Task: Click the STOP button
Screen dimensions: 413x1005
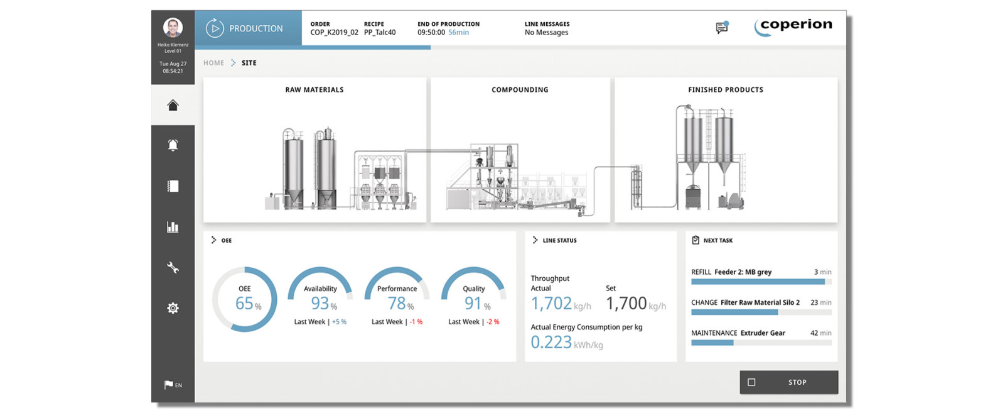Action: click(x=788, y=382)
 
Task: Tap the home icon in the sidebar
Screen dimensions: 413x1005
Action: click(x=173, y=105)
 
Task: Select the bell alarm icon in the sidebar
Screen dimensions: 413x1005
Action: click(x=173, y=145)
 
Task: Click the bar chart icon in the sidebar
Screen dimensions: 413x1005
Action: click(x=173, y=227)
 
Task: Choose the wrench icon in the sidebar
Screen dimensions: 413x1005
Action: click(x=173, y=268)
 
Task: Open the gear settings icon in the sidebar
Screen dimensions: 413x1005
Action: click(x=173, y=308)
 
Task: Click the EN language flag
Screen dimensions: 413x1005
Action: click(x=173, y=385)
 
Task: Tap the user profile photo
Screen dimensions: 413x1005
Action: click(x=173, y=28)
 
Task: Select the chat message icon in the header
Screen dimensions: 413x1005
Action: click(x=722, y=28)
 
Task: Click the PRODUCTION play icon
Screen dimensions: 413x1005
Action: click(x=215, y=28)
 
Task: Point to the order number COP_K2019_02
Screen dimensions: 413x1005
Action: click(x=334, y=33)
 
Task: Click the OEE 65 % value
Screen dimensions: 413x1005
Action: click(x=245, y=304)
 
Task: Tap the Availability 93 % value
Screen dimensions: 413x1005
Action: click(x=320, y=304)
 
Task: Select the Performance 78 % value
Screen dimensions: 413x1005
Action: click(x=397, y=304)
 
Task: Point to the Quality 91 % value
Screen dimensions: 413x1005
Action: click(x=473, y=304)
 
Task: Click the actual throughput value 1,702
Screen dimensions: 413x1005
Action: click(x=552, y=304)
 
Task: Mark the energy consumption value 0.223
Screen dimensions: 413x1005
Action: click(x=551, y=343)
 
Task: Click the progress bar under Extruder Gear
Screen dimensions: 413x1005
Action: click(x=761, y=343)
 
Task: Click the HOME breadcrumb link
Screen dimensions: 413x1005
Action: click(x=213, y=63)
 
